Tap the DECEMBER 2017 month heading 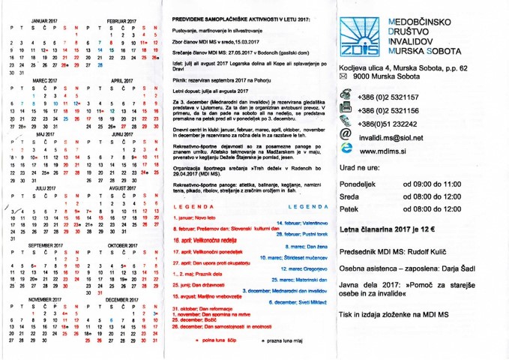coord(122,298)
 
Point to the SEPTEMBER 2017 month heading coord(46,245)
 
